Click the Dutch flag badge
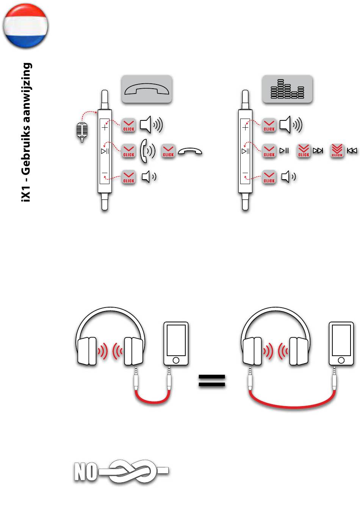point(25,26)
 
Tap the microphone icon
point(81,131)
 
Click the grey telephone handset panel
point(147,89)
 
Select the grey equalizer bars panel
point(288,89)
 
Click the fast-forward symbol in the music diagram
point(318,151)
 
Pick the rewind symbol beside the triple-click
point(352,151)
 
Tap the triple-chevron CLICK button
point(337,150)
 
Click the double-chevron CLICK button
point(304,150)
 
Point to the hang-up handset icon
point(190,152)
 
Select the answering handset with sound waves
point(147,151)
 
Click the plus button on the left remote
point(105,127)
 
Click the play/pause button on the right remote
point(246,152)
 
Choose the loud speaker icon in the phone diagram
point(151,125)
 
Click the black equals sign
point(212,381)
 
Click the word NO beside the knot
point(85,472)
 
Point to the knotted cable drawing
point(133,472)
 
